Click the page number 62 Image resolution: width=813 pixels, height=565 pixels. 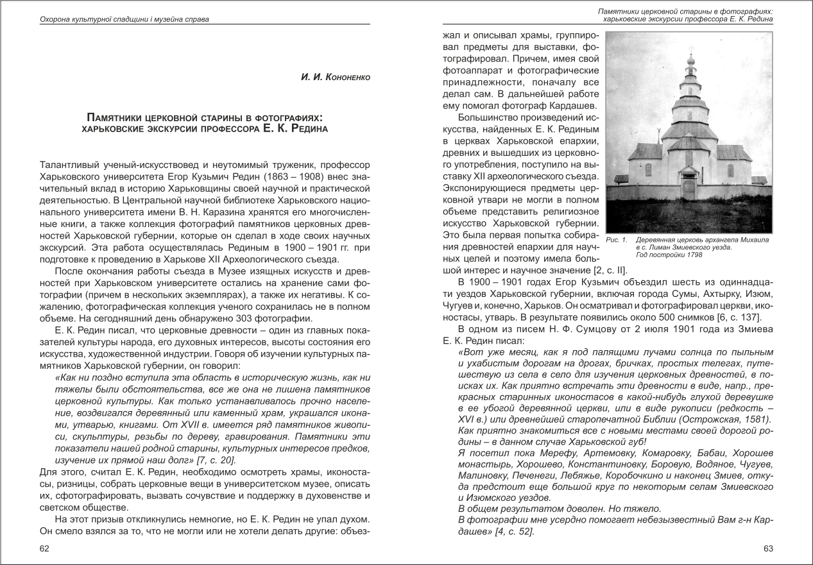[x=44, y=548]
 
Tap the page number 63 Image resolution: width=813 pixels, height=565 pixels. [x=768, y=548]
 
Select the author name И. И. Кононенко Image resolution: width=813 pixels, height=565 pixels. [x=336, y=78]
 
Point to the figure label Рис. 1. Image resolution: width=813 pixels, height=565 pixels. [x=614, y=240]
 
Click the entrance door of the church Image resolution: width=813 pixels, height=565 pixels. [x=689, y=189]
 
